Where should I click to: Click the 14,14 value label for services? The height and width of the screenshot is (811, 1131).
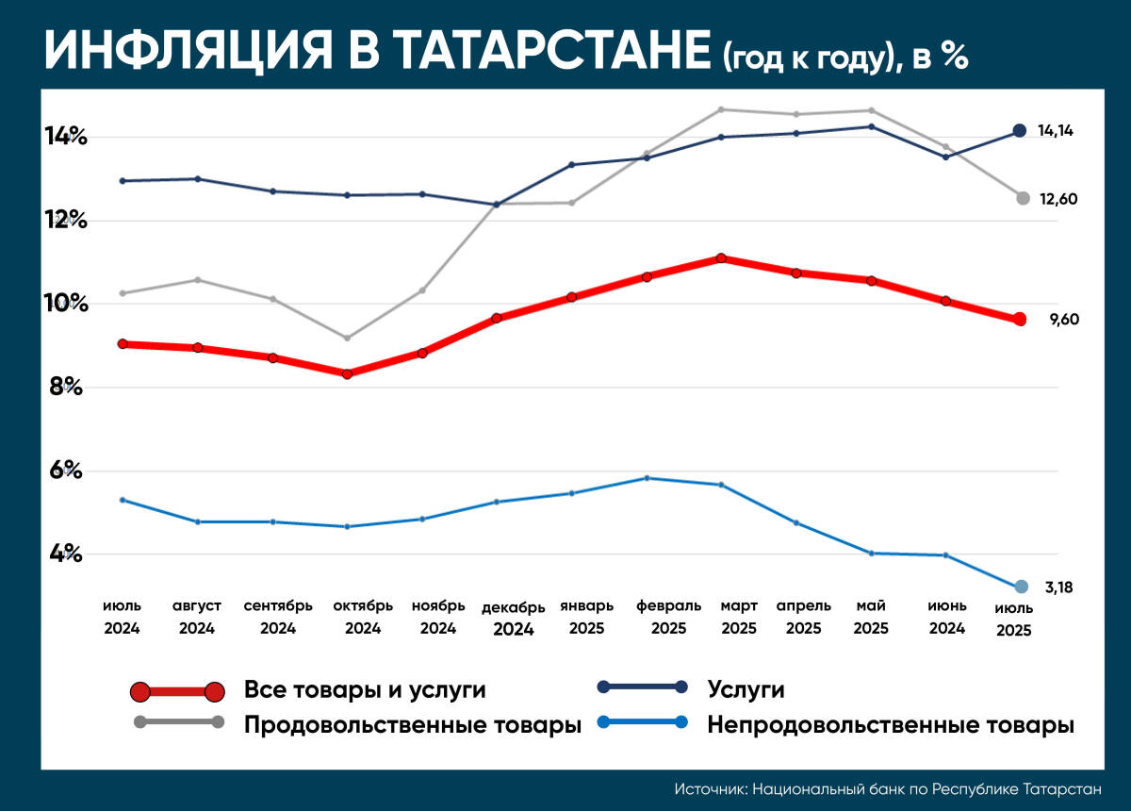coord(1056,131)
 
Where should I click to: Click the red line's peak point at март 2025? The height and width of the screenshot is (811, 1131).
coord(721,258)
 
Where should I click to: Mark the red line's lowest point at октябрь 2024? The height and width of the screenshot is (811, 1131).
coord(348,373)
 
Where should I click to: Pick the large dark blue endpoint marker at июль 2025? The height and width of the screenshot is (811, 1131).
coord(1019,131)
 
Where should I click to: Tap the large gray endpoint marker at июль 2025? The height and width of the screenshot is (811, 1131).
coord(1023,198)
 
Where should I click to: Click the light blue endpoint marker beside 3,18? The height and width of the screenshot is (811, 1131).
coord(1021,587)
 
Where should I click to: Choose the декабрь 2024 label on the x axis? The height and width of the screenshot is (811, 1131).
coord(513,618)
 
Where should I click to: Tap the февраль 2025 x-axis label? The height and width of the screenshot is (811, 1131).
coord(668,616)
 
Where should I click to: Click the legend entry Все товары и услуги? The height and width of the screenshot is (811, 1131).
coord(365,690)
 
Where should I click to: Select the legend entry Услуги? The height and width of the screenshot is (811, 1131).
coord(746,690)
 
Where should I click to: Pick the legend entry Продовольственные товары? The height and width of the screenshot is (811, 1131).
coord(412,725)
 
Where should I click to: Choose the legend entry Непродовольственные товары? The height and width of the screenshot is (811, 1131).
coord(890,725)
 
